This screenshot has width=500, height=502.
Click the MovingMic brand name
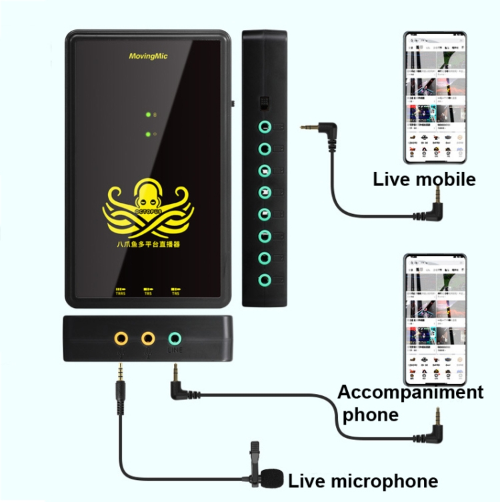click(148, 57)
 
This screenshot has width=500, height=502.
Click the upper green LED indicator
click(148, 115)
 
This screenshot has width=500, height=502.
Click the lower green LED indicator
click(148, 134)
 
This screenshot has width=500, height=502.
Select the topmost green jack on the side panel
click(265, 125)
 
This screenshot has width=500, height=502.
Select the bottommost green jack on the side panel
click(265, 279)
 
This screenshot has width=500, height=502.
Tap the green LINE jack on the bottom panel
click(175, 339)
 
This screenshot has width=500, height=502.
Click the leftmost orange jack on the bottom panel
click(121, 339)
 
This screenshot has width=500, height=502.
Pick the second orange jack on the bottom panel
click(148, 339)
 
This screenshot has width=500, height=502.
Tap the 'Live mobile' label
click(424, 179)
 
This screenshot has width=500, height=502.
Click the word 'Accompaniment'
click(410, 392)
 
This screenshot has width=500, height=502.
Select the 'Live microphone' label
click(363, 481)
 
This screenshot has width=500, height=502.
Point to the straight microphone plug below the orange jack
click(121, 387)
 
